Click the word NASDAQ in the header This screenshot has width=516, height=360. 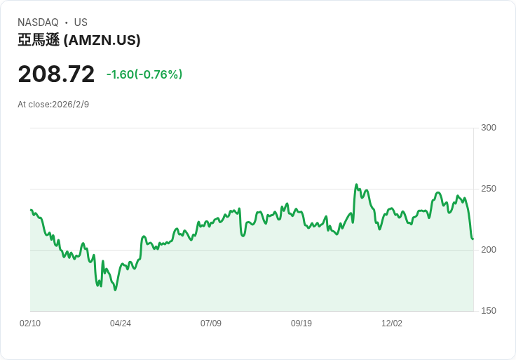click(x=38, y=22)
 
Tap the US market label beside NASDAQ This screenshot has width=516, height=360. click(x=81, y=22)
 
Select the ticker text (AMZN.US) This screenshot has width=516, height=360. click(x=102, y=41)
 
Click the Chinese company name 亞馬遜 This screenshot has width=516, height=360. click(x=39, y=41)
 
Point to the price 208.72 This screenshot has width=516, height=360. click(x=56, y=74)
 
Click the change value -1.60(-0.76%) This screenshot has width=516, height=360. click(x=144, y=74)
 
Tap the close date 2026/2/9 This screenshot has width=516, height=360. click(x=71, y=105)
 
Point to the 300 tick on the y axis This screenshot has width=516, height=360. click(x=489, y=128)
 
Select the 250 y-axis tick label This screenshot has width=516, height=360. click(x=489, y=189)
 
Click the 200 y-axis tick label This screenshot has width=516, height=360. click(x=489, y=250)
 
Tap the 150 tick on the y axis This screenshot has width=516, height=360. click(x=489, y=311)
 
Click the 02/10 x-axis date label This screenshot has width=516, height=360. click(x=30, y=324)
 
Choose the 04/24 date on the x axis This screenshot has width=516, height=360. click(x=121, y=324)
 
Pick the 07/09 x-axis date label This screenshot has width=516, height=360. click(x=211, y=324)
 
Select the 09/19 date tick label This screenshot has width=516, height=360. click(x=301, y=324)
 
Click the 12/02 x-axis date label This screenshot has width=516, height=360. click(x=392, y=324)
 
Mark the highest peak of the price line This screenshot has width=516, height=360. click(x=356, y=185)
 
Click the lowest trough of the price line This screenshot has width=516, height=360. click(x=116, y=290)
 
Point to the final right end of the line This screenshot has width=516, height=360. click(x=473, y=239)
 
